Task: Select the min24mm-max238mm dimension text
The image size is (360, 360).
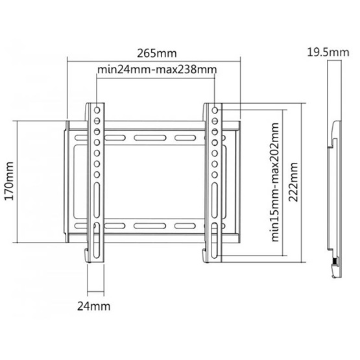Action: [156, 69]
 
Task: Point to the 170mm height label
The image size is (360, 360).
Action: [8, 181]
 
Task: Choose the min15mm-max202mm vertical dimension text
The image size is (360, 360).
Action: [277, 182]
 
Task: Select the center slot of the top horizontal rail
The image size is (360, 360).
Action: [154, 138]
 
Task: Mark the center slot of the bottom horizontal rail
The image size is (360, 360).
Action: [154, 226]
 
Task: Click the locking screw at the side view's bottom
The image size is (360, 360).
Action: [333, 263]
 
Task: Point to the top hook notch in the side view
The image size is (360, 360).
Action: [333, 125]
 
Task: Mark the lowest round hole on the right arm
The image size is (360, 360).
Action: [213, 174]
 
